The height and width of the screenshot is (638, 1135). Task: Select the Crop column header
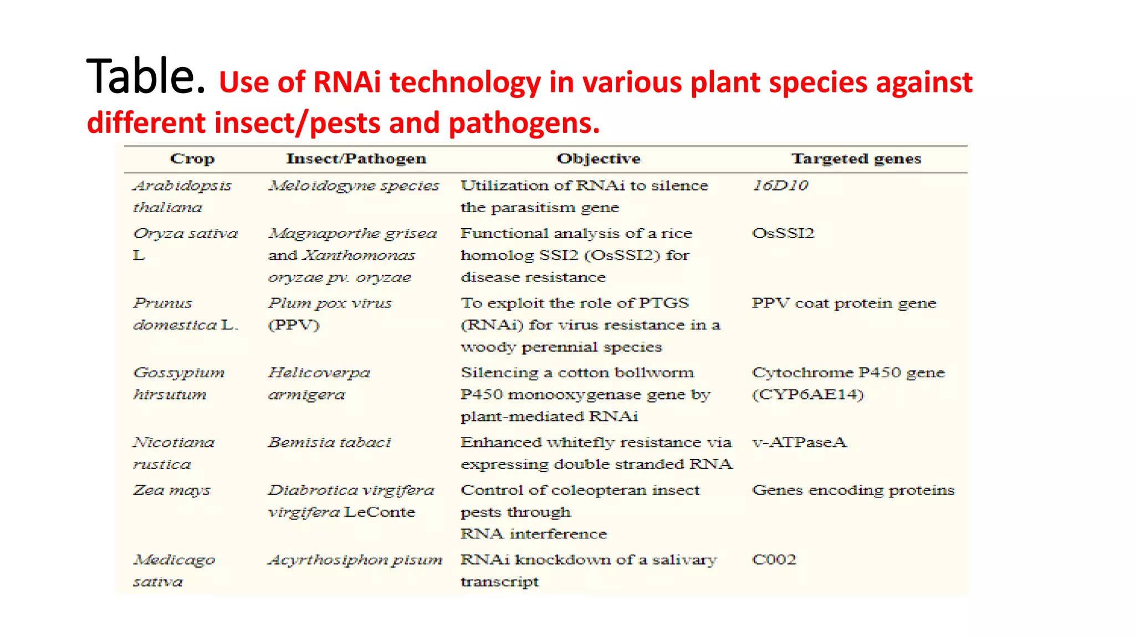(x=192, y=159)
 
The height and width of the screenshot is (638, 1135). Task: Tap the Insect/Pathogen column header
(x=356, y=159)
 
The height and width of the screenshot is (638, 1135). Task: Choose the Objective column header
(x=599, y=159)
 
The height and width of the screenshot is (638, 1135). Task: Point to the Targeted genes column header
(x=856, y=159)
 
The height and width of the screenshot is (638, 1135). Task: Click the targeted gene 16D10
(x=780, y=186)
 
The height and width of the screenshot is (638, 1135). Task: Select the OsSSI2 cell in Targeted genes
(x=783, y=233)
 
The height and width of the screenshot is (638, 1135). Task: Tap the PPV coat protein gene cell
(x=843, y=303)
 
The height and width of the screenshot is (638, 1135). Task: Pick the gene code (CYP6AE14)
(x=807, y=394)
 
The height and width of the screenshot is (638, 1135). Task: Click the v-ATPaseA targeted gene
(x=799, y=442)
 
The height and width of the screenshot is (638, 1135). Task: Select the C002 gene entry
(x=774, y=559)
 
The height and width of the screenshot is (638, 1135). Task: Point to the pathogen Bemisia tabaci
(x=329, y=442)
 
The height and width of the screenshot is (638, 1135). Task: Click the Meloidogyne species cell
(x=354, y=186)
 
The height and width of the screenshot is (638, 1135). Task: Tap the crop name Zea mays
(x=172, y=490)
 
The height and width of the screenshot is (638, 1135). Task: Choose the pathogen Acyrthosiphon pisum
(x=355, y=560)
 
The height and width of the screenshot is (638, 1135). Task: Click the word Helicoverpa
(x=319, y=373)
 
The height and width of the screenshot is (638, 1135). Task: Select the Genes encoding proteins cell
(x=853, y=490)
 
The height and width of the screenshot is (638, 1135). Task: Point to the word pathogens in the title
(x=524, y=123)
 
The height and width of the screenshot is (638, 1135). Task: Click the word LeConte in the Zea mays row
(x=380, y=512)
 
